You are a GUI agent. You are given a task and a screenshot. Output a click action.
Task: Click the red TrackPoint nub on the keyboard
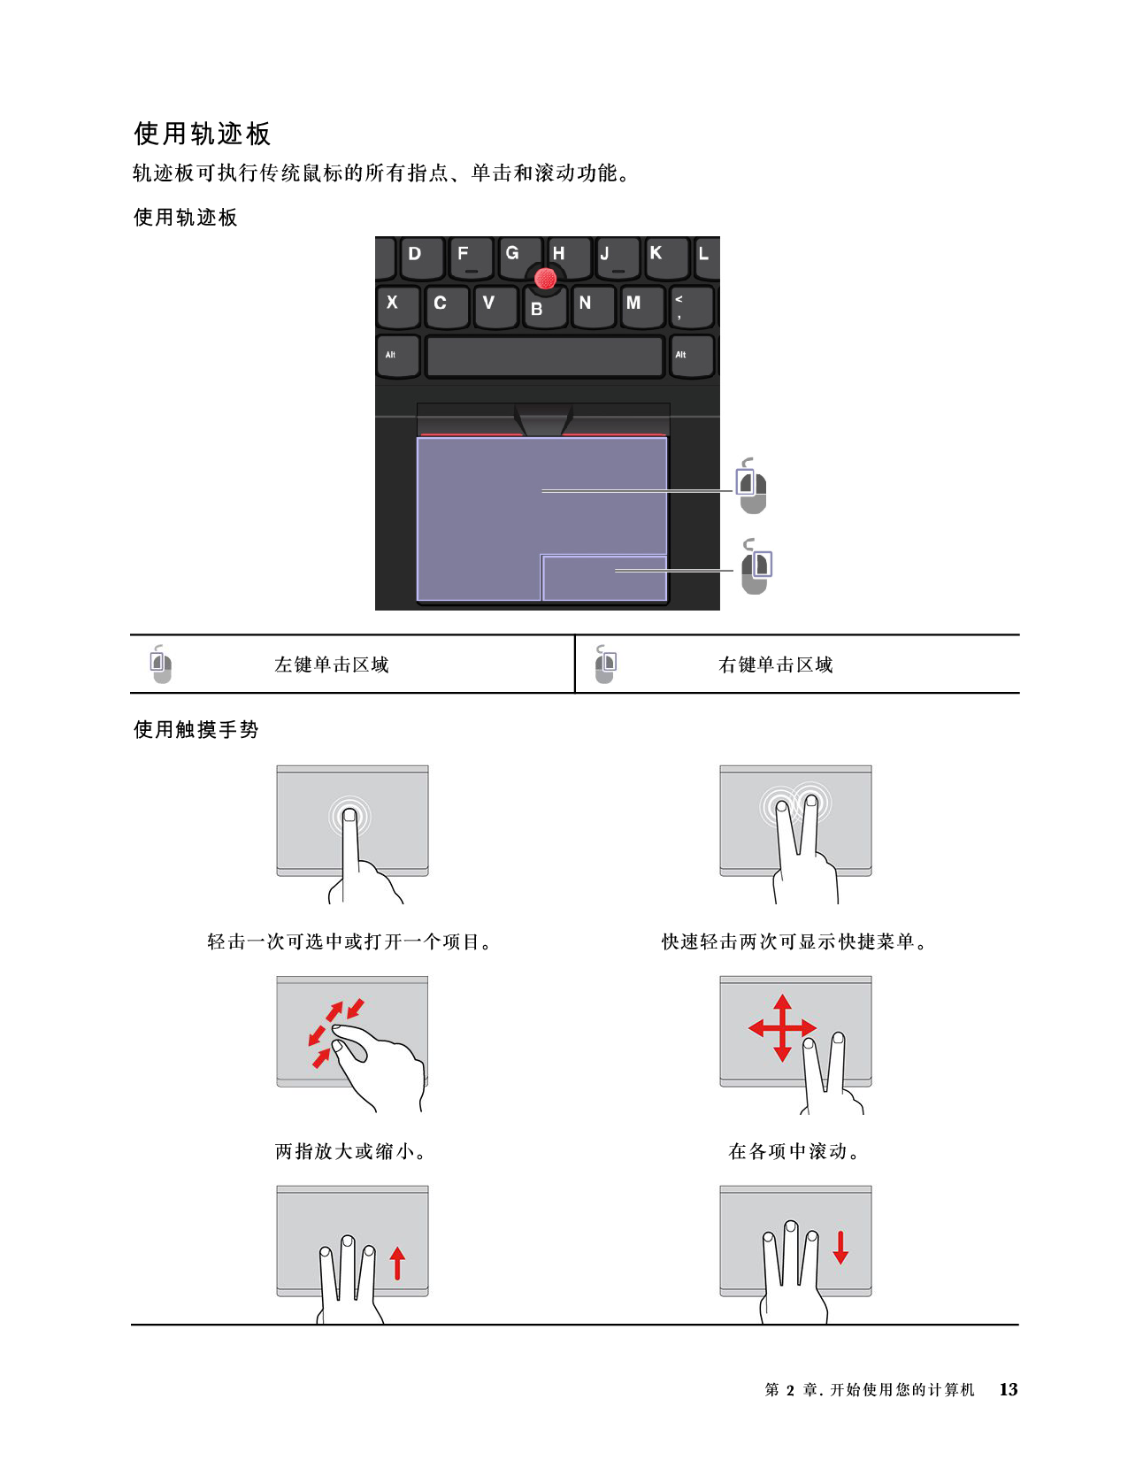point(545,278)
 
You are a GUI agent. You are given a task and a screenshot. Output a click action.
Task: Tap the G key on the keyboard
point(518,257)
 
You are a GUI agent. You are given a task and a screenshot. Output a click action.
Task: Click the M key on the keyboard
point(641,306)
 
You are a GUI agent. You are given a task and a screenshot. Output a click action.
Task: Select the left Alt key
point(398,356)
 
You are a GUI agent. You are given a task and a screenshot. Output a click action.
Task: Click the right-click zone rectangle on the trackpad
point(604,577)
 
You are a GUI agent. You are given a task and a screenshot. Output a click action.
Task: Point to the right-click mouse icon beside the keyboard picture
point(756,565)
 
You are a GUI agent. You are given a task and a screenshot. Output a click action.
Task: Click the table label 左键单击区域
point(331,665)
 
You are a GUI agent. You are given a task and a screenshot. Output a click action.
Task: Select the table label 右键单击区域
point(775,665)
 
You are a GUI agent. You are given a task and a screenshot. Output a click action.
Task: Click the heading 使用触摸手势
point(196,729)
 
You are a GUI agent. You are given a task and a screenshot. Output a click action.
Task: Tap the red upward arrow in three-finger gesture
point(398,1263)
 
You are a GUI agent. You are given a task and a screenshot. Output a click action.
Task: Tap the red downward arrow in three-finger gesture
point(840,1247)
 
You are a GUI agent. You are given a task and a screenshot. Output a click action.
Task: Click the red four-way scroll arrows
point(782,1027)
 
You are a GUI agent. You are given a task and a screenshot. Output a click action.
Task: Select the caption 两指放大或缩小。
point(351,1151)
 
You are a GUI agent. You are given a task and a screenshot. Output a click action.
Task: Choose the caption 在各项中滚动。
point(794,1151)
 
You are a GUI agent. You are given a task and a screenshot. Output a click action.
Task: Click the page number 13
point(1008,1389)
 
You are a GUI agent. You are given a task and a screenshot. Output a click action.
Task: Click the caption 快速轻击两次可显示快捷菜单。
point(794,941)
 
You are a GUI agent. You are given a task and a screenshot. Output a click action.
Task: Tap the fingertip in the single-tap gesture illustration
point(349,816)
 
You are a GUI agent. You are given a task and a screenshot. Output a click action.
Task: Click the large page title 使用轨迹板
point(203,133)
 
